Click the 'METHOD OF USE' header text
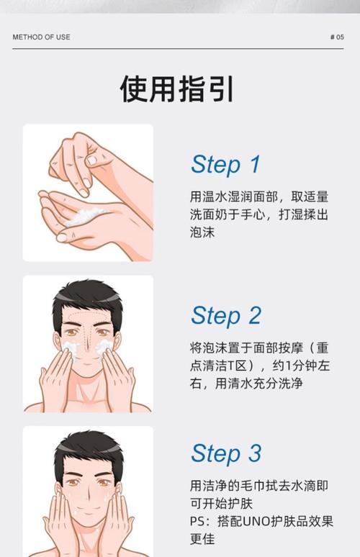41,37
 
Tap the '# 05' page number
336,37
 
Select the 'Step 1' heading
225,164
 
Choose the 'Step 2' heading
225,315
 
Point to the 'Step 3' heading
225,453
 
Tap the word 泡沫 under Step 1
202,232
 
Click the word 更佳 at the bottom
202,539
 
